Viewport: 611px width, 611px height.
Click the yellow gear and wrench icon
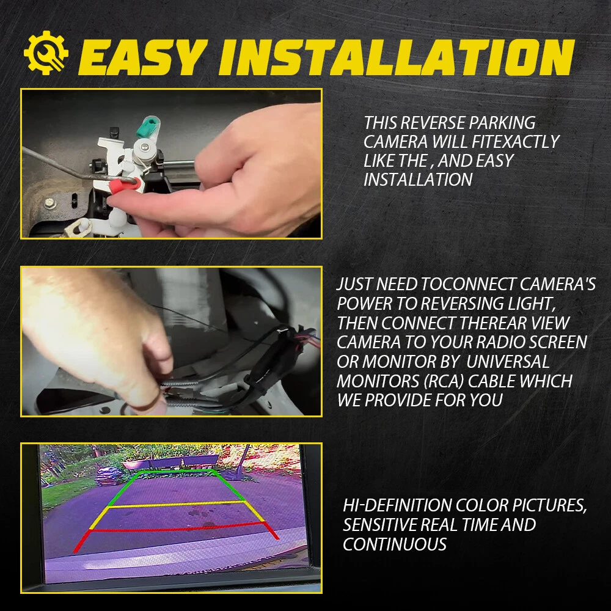coord(46,53)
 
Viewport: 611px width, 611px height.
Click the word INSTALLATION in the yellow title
coord(397,57)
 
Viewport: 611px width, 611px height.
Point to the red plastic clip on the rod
coord(125,186)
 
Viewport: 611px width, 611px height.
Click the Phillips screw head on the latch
coord(144,147)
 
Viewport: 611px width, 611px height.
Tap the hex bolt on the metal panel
coord(50,203)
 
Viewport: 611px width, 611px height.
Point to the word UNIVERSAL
coord(507,362)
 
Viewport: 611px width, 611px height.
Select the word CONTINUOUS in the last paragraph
coord(395,544)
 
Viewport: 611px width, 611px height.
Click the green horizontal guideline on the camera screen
coord(177,472)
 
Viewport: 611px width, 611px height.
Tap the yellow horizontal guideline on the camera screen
coord(177,504)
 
